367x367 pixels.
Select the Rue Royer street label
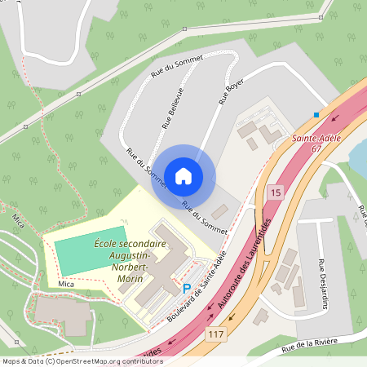click(x=229, y=92)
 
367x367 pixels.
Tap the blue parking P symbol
click(x=187, y=288)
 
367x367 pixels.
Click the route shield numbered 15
click(x=274, y=192)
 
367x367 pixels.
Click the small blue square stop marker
click(x=316, y=114)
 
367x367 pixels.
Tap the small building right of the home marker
click(x=219, y=210)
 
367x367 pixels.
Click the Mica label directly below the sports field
click(x=66, y=284)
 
